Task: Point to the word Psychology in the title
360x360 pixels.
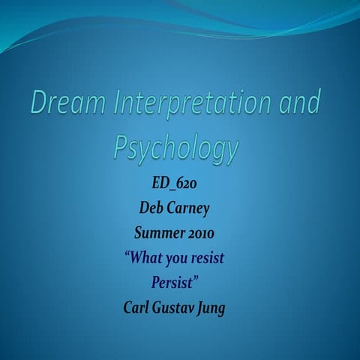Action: pyautogui.click(x=175, y=146)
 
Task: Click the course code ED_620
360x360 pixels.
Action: pyautogui.click(x=175, y=184)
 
